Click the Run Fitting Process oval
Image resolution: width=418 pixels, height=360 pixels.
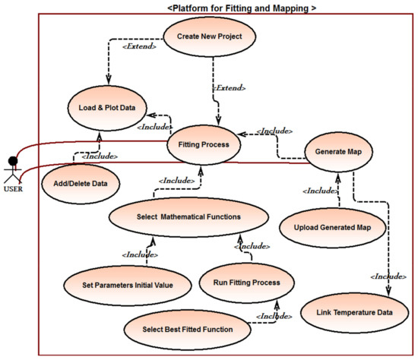click(240, 283)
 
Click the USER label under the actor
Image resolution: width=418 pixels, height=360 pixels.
click(13, 189)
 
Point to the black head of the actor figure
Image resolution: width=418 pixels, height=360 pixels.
click(11, 160)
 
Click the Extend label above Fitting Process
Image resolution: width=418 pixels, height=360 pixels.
click(231, 90)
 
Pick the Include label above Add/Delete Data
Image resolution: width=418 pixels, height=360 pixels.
click(100, 156)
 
